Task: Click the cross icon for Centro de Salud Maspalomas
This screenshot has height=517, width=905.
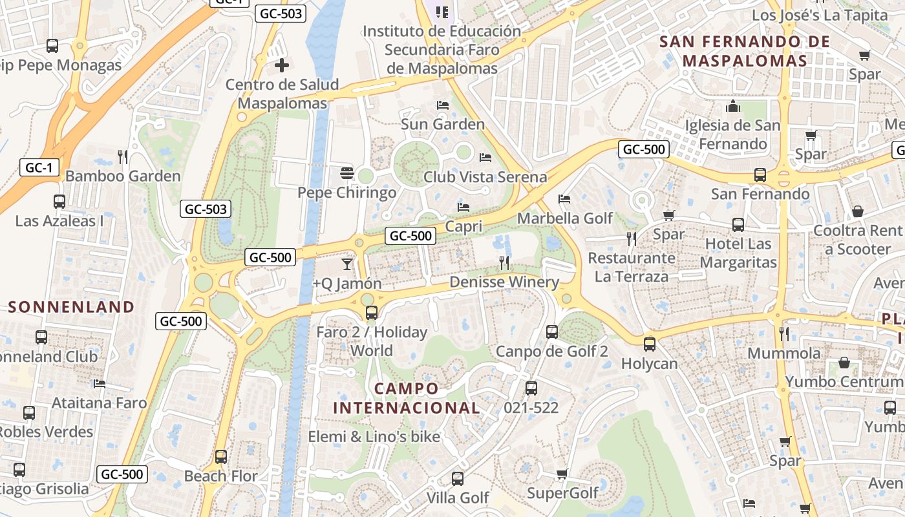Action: pyautogui.click(x=282, y=65)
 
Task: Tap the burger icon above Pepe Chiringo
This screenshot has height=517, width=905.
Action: pyautogui.click(x=347, y=173)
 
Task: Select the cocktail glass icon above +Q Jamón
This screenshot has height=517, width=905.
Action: pyautogui.click(x=347, y=264)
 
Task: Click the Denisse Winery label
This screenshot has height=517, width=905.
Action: pyautogui.click(x=504, y=282)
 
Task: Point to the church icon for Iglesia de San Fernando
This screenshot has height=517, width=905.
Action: pyautogui.click(x=733, y=106)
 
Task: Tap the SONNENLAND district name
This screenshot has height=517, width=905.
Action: pyautogui.click(x=71, y=306)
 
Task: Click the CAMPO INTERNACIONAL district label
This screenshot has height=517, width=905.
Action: pyautogui.click(x=407, y=398)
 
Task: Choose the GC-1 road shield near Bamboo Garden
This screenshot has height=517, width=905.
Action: pyautogui.click(x=39, y=168)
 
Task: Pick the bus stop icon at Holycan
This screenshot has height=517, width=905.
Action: pyautogui.click(x=650, y=344)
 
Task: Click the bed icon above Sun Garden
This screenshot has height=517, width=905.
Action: pyautogui.click(x=443, y=105)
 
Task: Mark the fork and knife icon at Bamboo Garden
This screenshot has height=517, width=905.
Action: pyautogui.click(x=123, y=156)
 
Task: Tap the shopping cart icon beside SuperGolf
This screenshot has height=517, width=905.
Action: pyautogui.click(x=562, y=474)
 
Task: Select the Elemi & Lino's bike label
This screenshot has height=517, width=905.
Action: pyautogui.click(x=374, y=436)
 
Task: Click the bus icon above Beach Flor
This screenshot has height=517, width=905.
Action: pyautogui.click(x=221, y=457)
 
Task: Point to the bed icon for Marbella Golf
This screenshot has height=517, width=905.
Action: pyautogui.click(x=564, y=199)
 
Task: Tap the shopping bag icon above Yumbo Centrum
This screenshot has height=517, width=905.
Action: pyautogui.click(x=844, y=363)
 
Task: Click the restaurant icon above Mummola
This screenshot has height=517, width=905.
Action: pyautogui.click(x=784, y=333)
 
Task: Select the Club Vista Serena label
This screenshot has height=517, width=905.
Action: pyautogui.click(x=485, y=176)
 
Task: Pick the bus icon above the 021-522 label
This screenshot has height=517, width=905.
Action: pyautogui.click(x=531, y=388)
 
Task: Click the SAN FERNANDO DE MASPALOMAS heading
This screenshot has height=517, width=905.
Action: pyautogui.click(x=744, y=51)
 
